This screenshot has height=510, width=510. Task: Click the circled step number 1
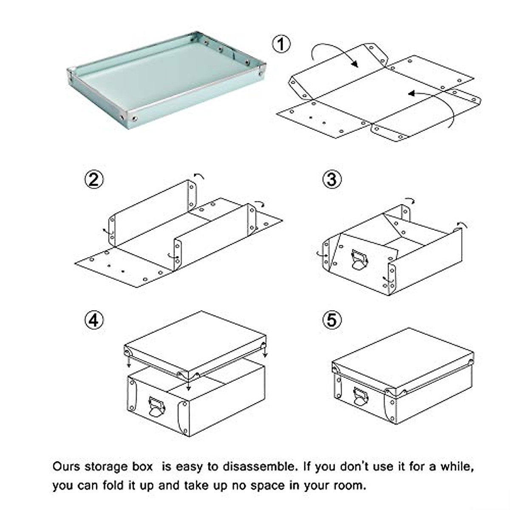(281, 44)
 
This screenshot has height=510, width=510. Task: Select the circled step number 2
(94, 179)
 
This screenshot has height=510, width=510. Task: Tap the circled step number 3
(332, 179)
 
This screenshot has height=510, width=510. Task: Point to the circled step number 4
(94, 320)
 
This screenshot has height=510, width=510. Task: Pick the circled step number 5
(332, 320)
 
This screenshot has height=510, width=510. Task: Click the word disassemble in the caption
(258, 466)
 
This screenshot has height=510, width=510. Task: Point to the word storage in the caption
(106, 467)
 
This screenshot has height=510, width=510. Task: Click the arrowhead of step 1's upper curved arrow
(355, 64)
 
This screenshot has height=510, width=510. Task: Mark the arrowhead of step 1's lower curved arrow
(411, 93)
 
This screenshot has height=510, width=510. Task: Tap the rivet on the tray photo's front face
(135, 118)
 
